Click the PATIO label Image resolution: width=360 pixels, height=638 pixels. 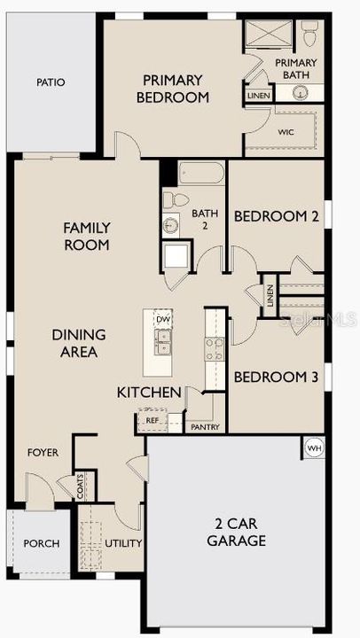[x=51, y=82]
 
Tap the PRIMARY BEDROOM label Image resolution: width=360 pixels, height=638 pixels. [x=172, y=89]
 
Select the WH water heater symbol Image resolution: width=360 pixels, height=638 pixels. [x=313, y=447]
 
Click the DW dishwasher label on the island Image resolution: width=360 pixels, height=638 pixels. [x=162, y=320]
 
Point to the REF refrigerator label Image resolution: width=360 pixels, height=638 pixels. [x=152, y=421]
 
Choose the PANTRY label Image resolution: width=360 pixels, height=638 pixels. [x=205, y=427]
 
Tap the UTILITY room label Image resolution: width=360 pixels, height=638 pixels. [x=123, y=542]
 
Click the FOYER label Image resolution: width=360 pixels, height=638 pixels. [x=43, y=453]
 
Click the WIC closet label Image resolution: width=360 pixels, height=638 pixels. [x=286, y=132]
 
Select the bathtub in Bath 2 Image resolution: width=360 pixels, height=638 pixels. [x=202, y=172]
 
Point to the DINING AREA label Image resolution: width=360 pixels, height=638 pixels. [x=78, y=343]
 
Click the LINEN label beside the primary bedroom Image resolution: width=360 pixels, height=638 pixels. [x=259, y=95]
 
